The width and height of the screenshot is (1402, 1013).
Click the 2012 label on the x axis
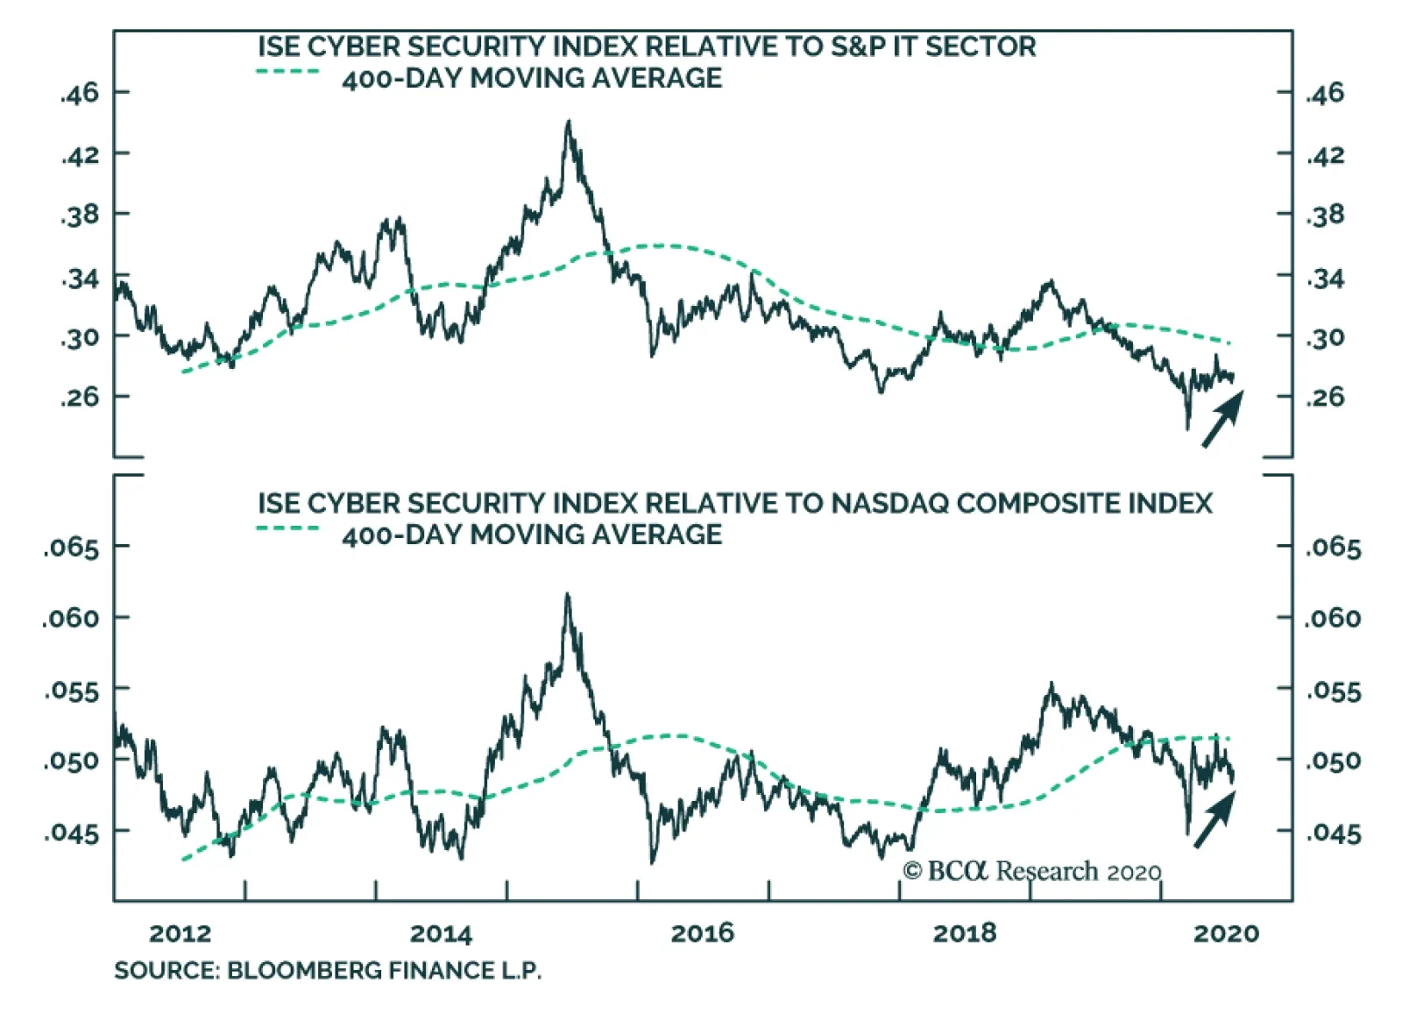click(x=180, y=933)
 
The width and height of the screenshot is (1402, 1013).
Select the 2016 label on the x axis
click(x=702, y=933)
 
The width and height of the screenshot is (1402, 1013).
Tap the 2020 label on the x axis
click(x=1226, y=933)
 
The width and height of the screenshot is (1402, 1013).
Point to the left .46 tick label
click(x=80, y=93)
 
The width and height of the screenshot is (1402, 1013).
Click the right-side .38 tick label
click(x=1324, y=215)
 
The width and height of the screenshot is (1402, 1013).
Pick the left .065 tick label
click(x=71, y=549)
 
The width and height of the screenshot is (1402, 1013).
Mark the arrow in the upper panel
click(x=1222, y=419)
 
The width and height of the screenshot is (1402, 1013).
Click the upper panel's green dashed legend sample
click(x=288, y=71)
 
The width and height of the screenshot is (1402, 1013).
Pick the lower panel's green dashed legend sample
click(x=288, y=528)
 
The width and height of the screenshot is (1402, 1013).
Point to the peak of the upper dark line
click(x=569, y=122)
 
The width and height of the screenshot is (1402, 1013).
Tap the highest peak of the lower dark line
click(x=567, y=595)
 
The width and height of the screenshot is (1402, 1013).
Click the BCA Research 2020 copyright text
click(x=1031, y=871)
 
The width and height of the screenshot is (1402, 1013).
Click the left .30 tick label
click(x=80, y=337)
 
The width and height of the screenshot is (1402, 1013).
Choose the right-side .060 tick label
click(x=1333, y=619)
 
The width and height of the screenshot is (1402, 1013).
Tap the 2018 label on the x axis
click(x=964, y=933)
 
